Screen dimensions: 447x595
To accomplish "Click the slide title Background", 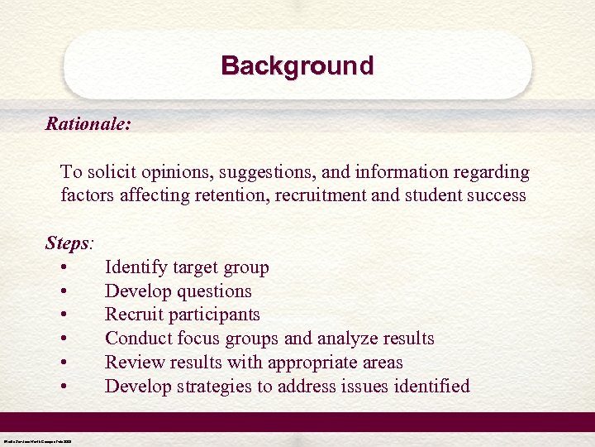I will coord(297,65).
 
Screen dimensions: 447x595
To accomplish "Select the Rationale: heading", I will coord(88,124).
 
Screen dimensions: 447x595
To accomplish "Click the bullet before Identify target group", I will coord(64,267).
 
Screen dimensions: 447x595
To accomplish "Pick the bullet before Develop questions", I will coord(64,291).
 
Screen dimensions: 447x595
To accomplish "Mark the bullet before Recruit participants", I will coord(64,315).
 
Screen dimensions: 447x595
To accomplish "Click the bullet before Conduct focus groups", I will coord(64,339).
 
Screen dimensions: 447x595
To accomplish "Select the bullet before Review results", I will coord(64,363).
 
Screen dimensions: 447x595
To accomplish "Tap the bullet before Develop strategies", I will coord(64,387).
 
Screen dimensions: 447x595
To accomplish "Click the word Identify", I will coord(136,267).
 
